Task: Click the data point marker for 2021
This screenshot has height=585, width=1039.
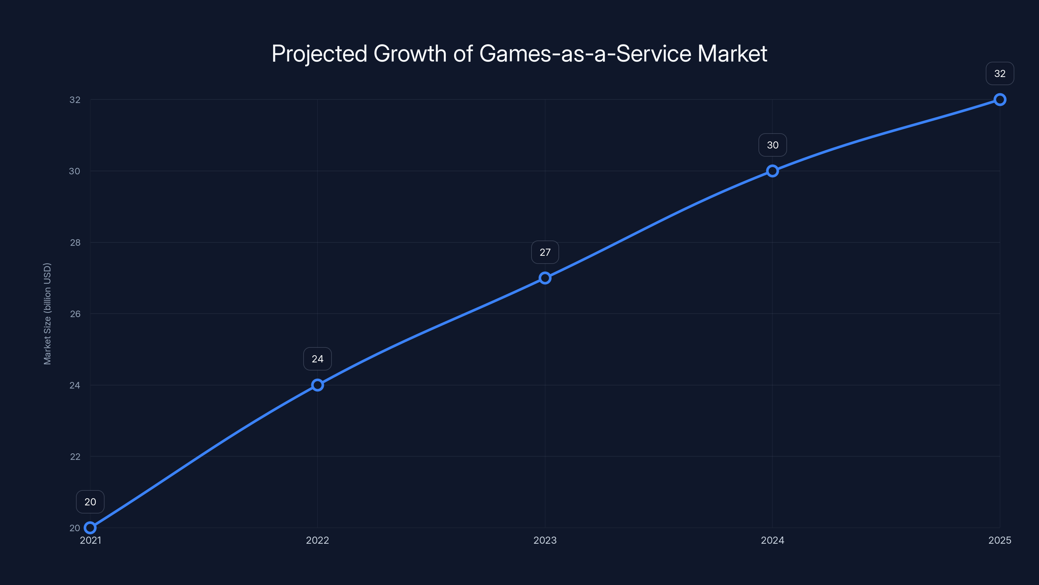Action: coord(90,528)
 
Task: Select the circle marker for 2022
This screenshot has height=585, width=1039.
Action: coord(318,385)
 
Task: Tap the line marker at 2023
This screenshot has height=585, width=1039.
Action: coord(545,278)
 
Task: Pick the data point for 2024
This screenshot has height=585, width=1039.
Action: coord(772,171)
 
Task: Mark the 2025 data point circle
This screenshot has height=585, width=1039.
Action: coord(1000,99)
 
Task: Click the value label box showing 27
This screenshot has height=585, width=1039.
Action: coord(545,252)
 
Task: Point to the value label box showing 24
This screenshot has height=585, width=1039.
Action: coord(318,359)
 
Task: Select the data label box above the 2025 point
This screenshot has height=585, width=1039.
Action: coord(1000,73)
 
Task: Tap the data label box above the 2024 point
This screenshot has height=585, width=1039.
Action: coord(772,145)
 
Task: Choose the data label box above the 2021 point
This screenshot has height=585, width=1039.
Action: coord(90,502)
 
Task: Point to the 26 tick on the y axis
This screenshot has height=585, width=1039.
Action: coord(75,314)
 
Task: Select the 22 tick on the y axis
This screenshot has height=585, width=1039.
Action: coord(75,457)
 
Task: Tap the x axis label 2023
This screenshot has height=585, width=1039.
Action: coord(545,540)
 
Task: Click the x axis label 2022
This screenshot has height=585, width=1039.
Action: coord(318,540)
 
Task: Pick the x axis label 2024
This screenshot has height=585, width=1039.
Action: coord(772,540)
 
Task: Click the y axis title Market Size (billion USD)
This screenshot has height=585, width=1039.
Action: coord(47,314)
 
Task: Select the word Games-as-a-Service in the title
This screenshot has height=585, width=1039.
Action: coord(585,54)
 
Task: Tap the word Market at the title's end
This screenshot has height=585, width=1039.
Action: coord(732,54)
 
